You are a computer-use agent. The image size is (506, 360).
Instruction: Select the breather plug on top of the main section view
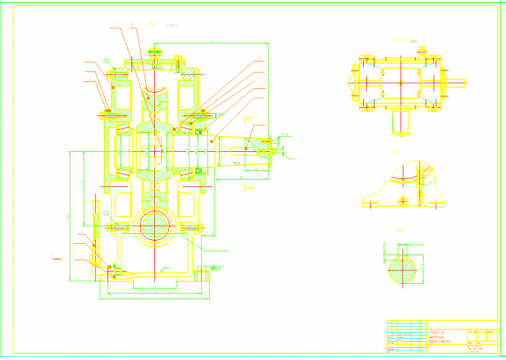click(x=156, y=52)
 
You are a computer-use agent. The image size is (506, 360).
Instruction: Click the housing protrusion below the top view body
click(x=400, y=117)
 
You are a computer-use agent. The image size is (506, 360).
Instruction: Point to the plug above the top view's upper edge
click(x=423, y=51)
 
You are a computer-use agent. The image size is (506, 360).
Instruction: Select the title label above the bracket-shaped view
click(x=396, y=153)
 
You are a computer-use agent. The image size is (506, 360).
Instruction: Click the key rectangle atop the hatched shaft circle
click(x=403, y=259)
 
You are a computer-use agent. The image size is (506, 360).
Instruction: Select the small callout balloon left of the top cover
click(x=108, y=61)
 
